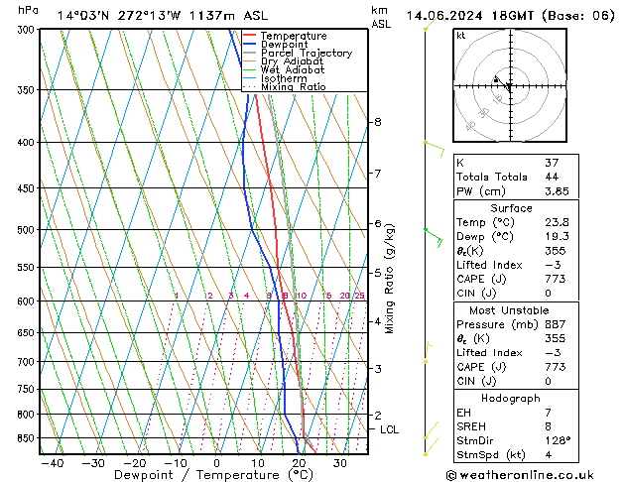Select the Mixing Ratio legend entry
click(293, 87)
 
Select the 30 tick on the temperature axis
click(340, 463)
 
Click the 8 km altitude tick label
click(377, 122)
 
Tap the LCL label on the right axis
click(389, 429)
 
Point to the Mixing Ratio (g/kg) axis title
click(390, 279)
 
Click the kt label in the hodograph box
click(460, 36)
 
